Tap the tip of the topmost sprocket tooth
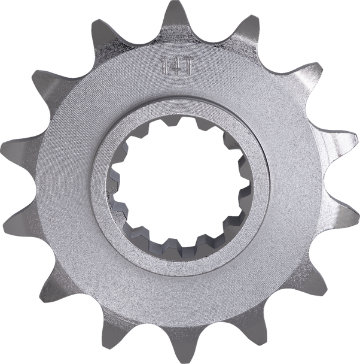(174, 6)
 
